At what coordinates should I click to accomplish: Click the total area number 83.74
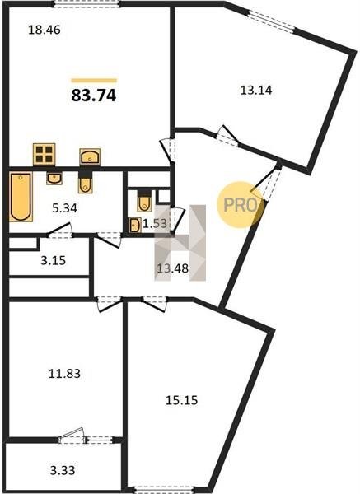94,96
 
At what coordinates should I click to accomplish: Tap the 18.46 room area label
44,30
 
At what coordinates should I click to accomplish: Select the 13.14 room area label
256,91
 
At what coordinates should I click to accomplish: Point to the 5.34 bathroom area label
64,208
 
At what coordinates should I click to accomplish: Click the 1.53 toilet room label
155,223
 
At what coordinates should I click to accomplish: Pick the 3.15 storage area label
54,260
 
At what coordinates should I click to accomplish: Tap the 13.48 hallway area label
173,268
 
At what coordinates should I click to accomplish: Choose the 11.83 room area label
64,374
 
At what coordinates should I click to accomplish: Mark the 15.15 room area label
182,400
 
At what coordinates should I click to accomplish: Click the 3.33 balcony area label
63,470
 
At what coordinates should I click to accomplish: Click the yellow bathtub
21,197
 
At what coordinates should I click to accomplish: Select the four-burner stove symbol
44,154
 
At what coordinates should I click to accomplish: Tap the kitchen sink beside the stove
90,156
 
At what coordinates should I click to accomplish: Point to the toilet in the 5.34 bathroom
85,182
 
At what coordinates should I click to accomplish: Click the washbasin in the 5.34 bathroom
54,178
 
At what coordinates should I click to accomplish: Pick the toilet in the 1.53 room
144,201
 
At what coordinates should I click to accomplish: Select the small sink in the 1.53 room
135,226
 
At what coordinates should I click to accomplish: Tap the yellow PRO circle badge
241,205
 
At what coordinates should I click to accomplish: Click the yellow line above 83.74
94,81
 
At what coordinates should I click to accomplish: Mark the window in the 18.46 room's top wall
86,4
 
